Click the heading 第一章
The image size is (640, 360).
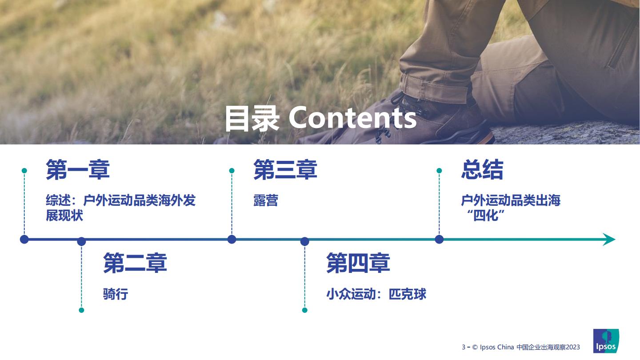[78, 170]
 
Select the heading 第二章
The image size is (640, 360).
[135, 263]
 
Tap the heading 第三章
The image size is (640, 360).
[285, 170]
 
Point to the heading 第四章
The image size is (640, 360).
[358, 263]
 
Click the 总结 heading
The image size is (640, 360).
[482, 170]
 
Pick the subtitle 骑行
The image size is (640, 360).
[116, 294]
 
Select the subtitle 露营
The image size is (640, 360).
[266, 200]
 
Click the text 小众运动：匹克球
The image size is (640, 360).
[376, 294]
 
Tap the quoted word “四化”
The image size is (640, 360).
[486, 216]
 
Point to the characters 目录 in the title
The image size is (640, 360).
[252, 119]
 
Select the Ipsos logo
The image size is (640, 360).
[606, 341]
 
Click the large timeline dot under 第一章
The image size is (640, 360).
[24, 240]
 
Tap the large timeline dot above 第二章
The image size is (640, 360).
[81, 241]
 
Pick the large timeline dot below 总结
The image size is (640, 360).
[439, 240]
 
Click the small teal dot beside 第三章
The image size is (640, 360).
[232, 171]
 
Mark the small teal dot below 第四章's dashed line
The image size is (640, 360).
[304, 310]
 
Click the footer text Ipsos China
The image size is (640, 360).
[497, 347]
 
